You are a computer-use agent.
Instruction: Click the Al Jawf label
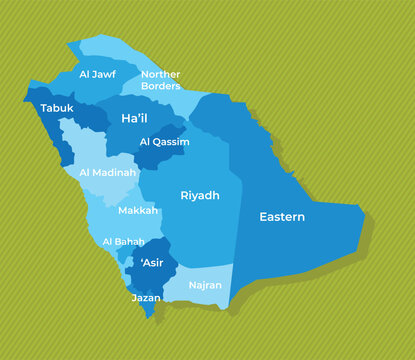click(x=98, y=73)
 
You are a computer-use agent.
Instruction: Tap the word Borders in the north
click(x=160, y=86)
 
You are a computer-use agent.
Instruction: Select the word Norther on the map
click(x=161, y=74)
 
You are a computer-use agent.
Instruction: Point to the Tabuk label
click(x=57, y=107)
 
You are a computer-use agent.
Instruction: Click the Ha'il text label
click(x=134, y=118)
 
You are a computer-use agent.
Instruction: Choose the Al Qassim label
click(x=165, y=142)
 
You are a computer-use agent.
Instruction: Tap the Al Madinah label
click(x=107, y=172)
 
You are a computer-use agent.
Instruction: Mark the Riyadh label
click(x=200, y=196)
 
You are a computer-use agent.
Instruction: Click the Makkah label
click(x=138, y=211)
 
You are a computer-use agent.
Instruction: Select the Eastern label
click(x=282, y=217)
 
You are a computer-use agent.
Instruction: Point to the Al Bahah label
click(x=123, y=242)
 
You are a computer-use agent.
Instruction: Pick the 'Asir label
click(x=153, y=263)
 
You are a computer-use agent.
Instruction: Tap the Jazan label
click(x=146, y=298)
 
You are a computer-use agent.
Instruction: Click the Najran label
click(x=205, y=285)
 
